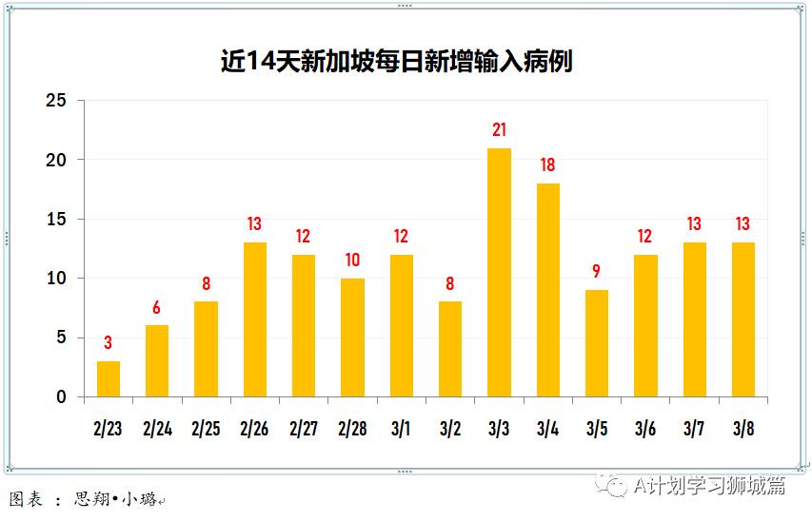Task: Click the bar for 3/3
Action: pos(499,273)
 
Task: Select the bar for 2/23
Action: pos(109,379)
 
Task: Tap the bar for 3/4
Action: pos(548,290)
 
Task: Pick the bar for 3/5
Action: pos(597,343)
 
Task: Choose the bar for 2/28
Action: pos(352,338)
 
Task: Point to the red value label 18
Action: pos(548,165)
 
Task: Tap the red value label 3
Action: pos(109,343)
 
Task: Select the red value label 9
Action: pos(597,272)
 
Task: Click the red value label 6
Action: pos(157,308)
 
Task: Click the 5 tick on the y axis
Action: pos(62,338)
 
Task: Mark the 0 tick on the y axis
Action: pos(62,397)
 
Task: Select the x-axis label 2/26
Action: pos(254,430)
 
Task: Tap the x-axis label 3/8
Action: pos(743,430)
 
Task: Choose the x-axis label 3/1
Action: pos(401,430)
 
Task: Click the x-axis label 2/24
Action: pos(157,430)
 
